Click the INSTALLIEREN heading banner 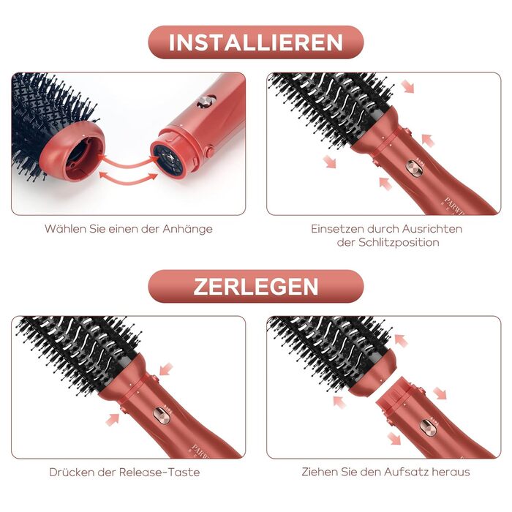point(256,42)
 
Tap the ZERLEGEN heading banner point(256,287)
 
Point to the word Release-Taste point(159,473)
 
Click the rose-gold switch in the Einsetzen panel point(415,169)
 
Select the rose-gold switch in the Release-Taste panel point(162,415)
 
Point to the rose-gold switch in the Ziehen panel point(428,428)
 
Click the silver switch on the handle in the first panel point(207,101)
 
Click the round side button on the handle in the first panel point(210,151)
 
